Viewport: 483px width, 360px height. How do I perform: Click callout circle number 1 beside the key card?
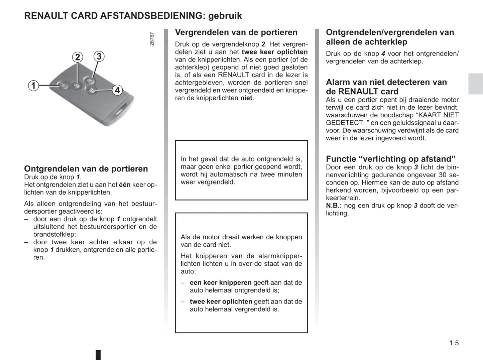point(33,86)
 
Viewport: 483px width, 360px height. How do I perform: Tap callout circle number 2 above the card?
point(78,57)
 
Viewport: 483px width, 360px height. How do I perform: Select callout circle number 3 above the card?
point(99,56)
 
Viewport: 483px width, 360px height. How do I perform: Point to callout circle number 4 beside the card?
point(117,90)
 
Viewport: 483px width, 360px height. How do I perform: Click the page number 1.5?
point(454,343)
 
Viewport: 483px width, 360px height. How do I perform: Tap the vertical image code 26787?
point(152,39)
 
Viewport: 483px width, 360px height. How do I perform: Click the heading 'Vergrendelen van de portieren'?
point(236,32)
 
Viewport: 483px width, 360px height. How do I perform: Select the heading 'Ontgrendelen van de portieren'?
point(86,169)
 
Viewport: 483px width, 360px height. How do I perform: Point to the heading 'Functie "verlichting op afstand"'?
point(391,159)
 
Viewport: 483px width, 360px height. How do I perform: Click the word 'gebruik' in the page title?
point(225,16)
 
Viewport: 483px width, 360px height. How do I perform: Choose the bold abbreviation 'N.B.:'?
point(334,206)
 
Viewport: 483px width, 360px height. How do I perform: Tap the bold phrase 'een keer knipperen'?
point(221,283)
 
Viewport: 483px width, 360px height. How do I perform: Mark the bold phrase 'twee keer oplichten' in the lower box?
point(221,302)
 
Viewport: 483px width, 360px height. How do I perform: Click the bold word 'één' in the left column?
point(125,185)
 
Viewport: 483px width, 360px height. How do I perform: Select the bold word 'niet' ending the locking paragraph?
point(246,98)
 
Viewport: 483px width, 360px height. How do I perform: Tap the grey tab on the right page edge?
point(475,84)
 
